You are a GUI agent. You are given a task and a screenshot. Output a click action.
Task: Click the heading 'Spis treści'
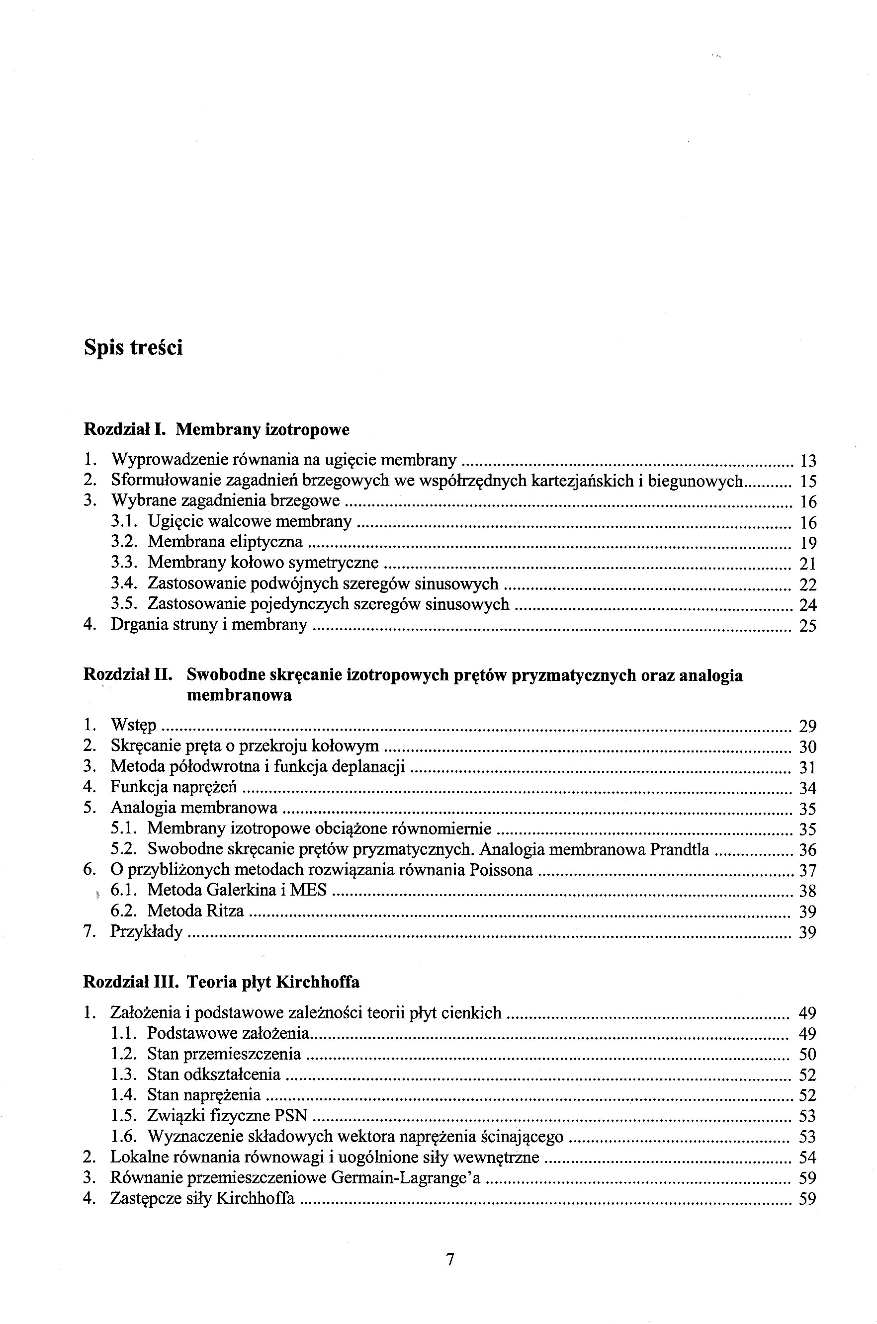(133, 348)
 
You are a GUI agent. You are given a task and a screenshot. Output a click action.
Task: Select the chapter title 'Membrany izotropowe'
(263, 430)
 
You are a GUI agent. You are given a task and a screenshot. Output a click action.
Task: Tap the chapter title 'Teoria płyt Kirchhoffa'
(273, 982)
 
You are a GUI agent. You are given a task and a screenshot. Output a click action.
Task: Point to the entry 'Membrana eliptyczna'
(225, 542)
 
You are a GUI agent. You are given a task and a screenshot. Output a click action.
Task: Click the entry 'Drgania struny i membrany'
(209, 624)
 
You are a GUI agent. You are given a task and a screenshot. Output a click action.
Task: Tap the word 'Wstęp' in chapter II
(134, 725)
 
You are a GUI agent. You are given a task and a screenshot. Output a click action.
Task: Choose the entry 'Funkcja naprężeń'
(174, 787)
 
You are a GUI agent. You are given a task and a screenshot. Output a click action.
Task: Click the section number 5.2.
(124, 849)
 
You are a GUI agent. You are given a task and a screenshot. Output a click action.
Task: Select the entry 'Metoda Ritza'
(195, 911)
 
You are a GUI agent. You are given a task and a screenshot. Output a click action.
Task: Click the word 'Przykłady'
(147, 931)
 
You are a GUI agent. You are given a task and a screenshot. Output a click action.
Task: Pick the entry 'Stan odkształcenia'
(214, 1074)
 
